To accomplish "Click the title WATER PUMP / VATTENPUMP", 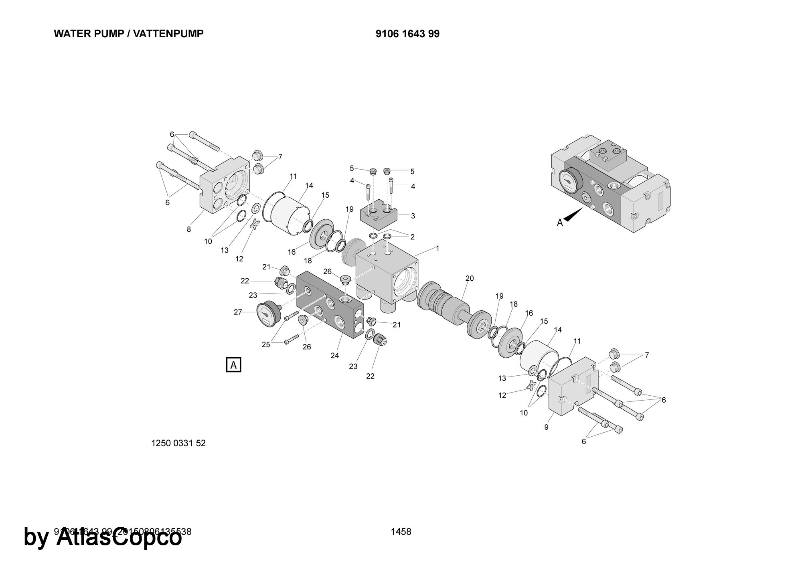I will coord(128,34).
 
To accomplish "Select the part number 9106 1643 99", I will coord(407,34).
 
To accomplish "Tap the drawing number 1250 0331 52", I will coord(178,443).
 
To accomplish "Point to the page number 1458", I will coord(401,532).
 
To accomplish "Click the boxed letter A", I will coord(234,365).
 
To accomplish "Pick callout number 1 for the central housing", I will coord(437,249).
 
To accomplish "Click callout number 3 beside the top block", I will coord(413,216).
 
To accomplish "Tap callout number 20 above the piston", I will coord(470,278).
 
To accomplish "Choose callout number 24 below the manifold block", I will coord(335,355).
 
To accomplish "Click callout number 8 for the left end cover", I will coord(189,229).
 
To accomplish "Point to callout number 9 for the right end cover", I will coord(546,427).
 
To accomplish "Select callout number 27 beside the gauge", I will coord(238,312).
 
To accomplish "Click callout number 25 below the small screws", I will coord(266,344).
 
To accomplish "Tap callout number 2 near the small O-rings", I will coord(412,237).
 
